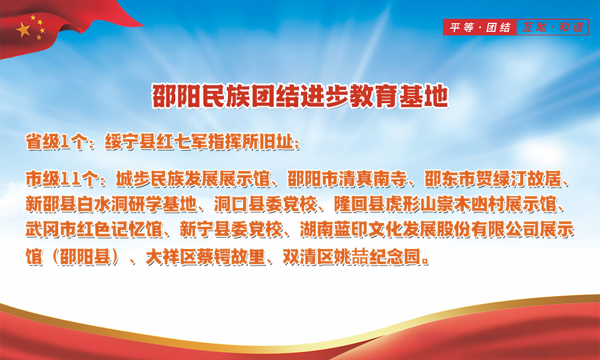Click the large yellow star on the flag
[x=23, y=29]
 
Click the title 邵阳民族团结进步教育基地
[x=300, y=95]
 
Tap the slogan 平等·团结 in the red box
[x=480, y=27]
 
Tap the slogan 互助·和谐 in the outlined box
[x=553, y=27]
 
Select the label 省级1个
[x=55, y=142]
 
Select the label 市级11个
[x=60, y=179]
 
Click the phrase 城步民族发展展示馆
[x=193, y=179]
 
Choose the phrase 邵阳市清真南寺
[x=347, y=179]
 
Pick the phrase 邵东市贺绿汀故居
[x=493, y=179]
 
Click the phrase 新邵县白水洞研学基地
[x=111, y=204]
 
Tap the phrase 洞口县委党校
[x=265, y=204]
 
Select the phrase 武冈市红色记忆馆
[x=94, y=230]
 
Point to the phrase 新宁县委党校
[x=231, y=230]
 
